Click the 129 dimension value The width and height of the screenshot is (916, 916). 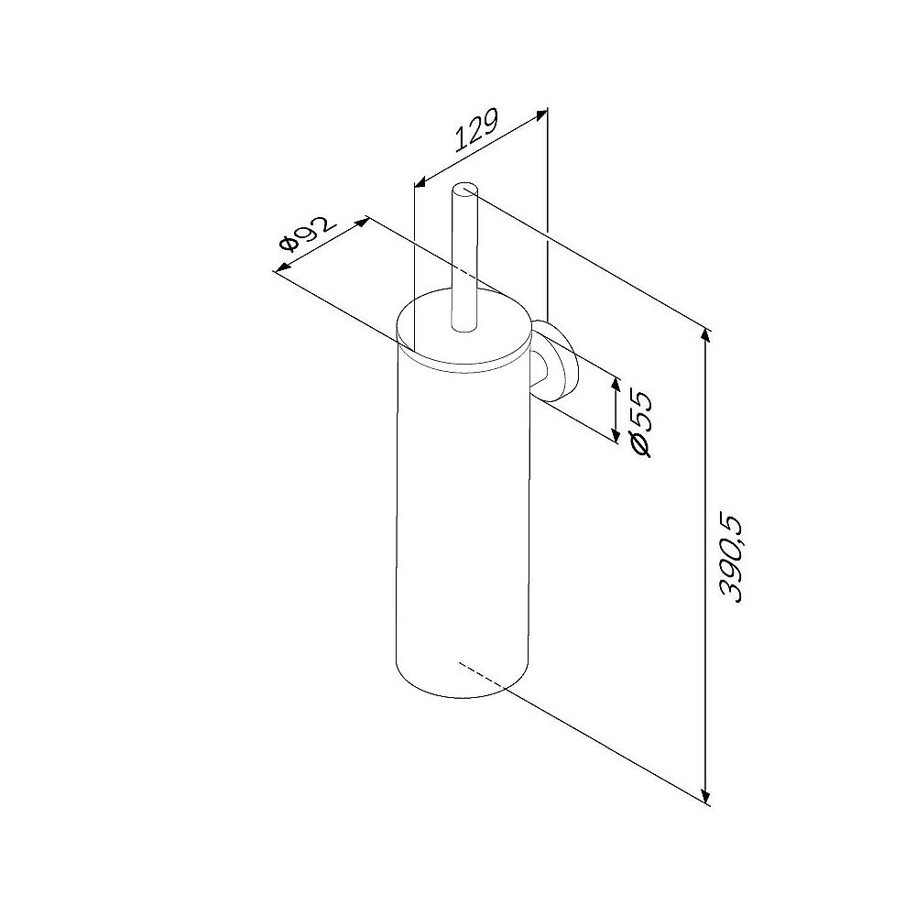tap(476, 129)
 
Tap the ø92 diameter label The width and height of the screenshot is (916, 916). tap(308, 233)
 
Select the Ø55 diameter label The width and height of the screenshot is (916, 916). tap(641, 423)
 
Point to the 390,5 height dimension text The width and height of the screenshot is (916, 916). tap(731, 559)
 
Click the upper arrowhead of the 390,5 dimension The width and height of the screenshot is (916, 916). tap(706, 336)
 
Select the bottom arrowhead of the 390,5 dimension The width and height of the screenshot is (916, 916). tap(706, 796)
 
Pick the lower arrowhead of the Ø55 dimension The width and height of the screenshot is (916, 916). tap(616, 434)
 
